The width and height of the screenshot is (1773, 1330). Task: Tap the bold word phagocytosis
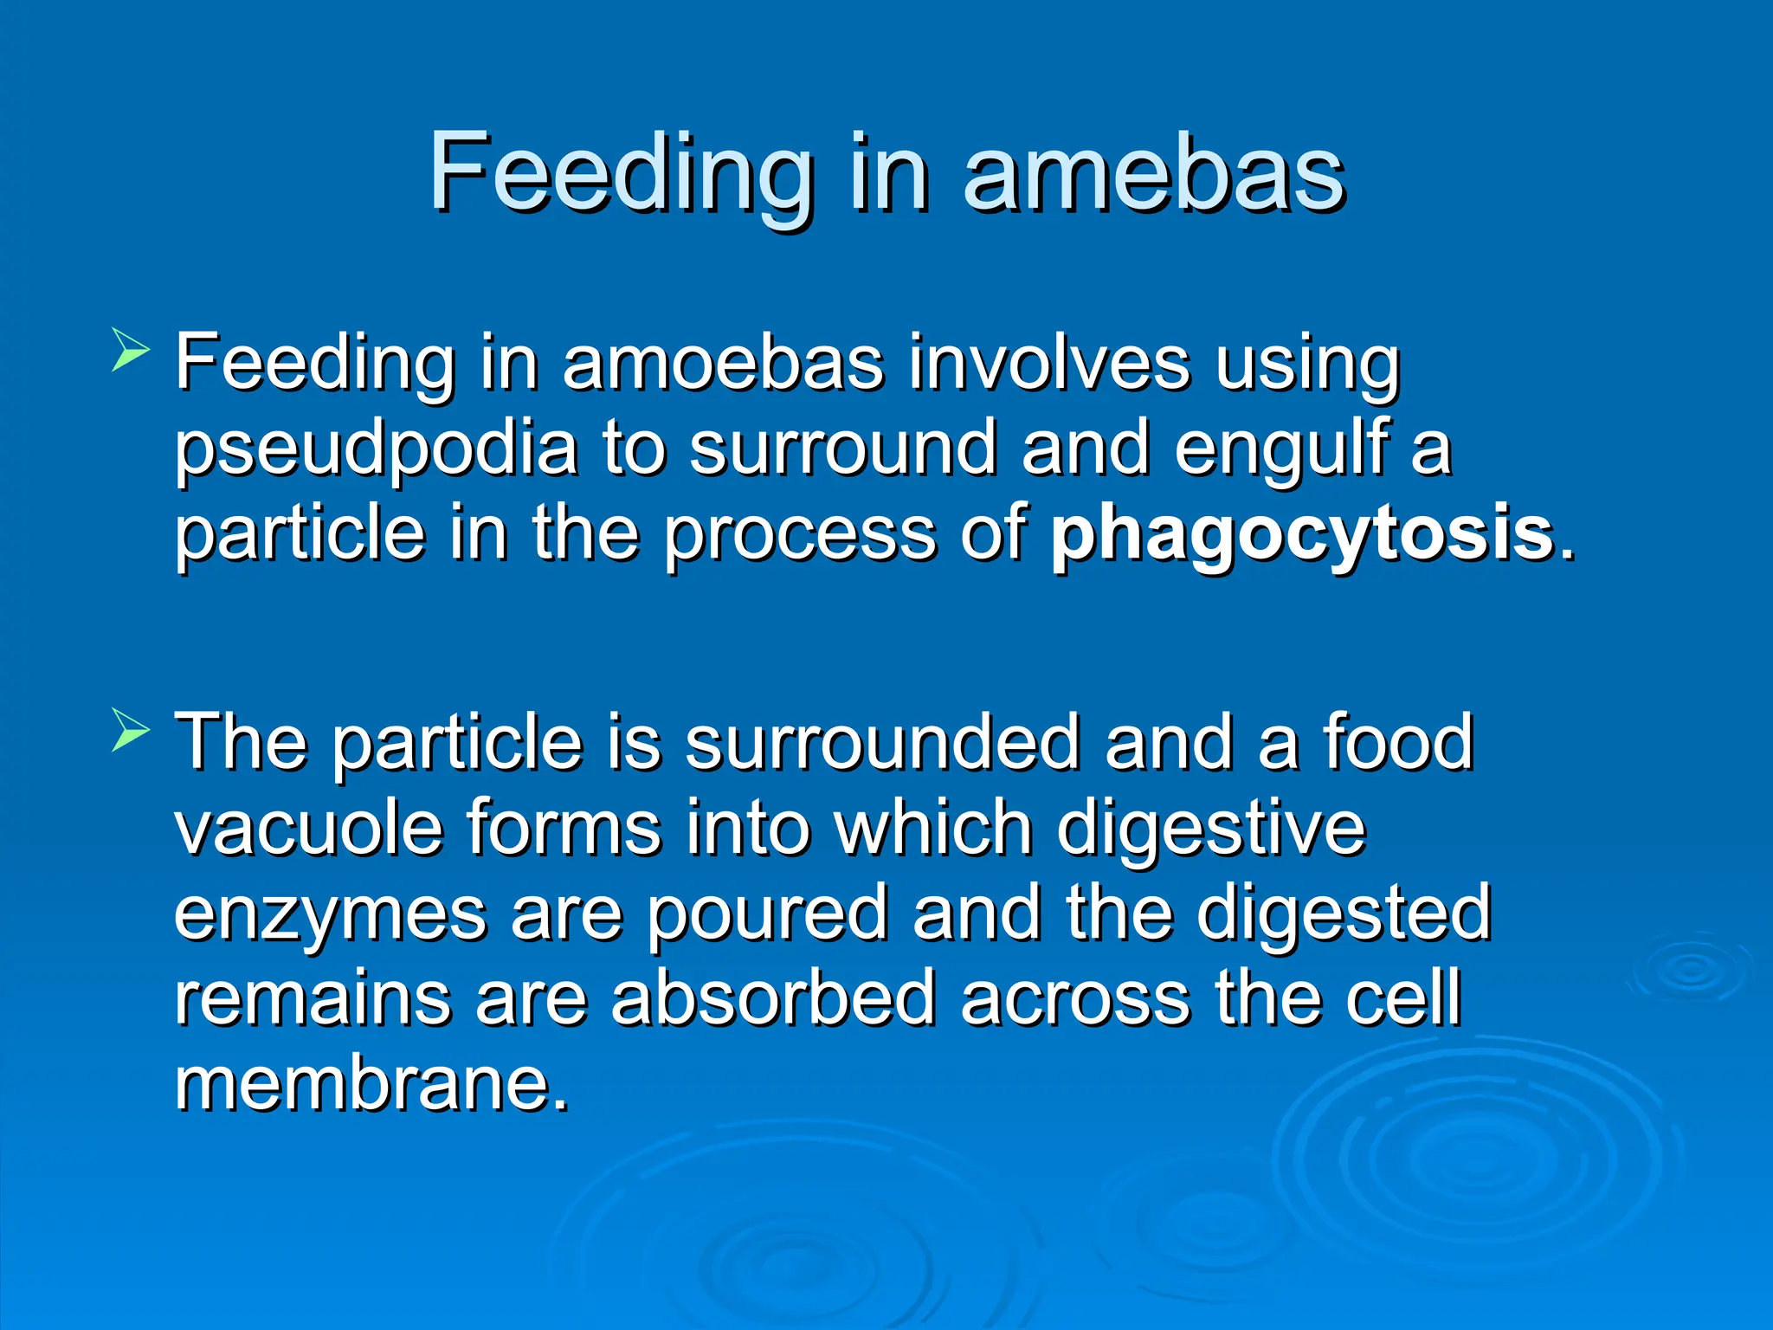point(1302,534)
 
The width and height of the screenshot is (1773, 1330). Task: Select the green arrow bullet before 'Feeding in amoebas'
point(131,354)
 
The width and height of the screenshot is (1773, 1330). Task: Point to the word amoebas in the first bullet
point(723,364)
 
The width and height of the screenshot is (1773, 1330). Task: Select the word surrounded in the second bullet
point(882,743)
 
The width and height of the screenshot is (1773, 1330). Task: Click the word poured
point(767,914)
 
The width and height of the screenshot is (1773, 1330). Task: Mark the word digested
point(1343,914)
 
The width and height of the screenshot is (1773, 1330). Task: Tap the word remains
point(313,997)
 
